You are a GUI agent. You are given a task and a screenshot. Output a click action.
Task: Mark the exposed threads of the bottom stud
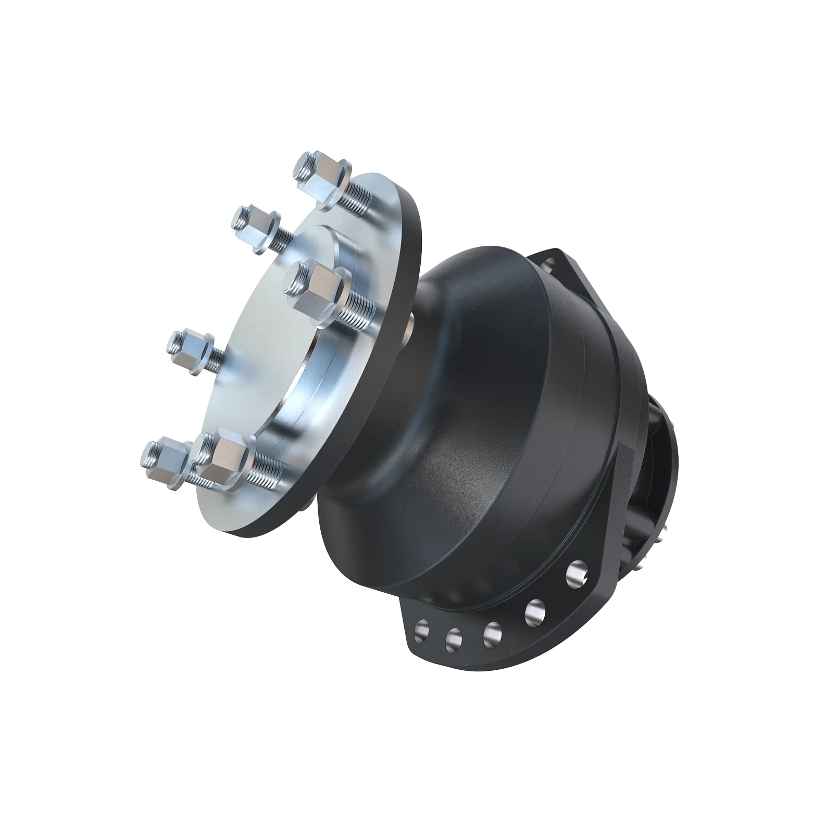click(269, 471)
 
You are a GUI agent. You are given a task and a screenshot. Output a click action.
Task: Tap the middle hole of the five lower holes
click(492, 632)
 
